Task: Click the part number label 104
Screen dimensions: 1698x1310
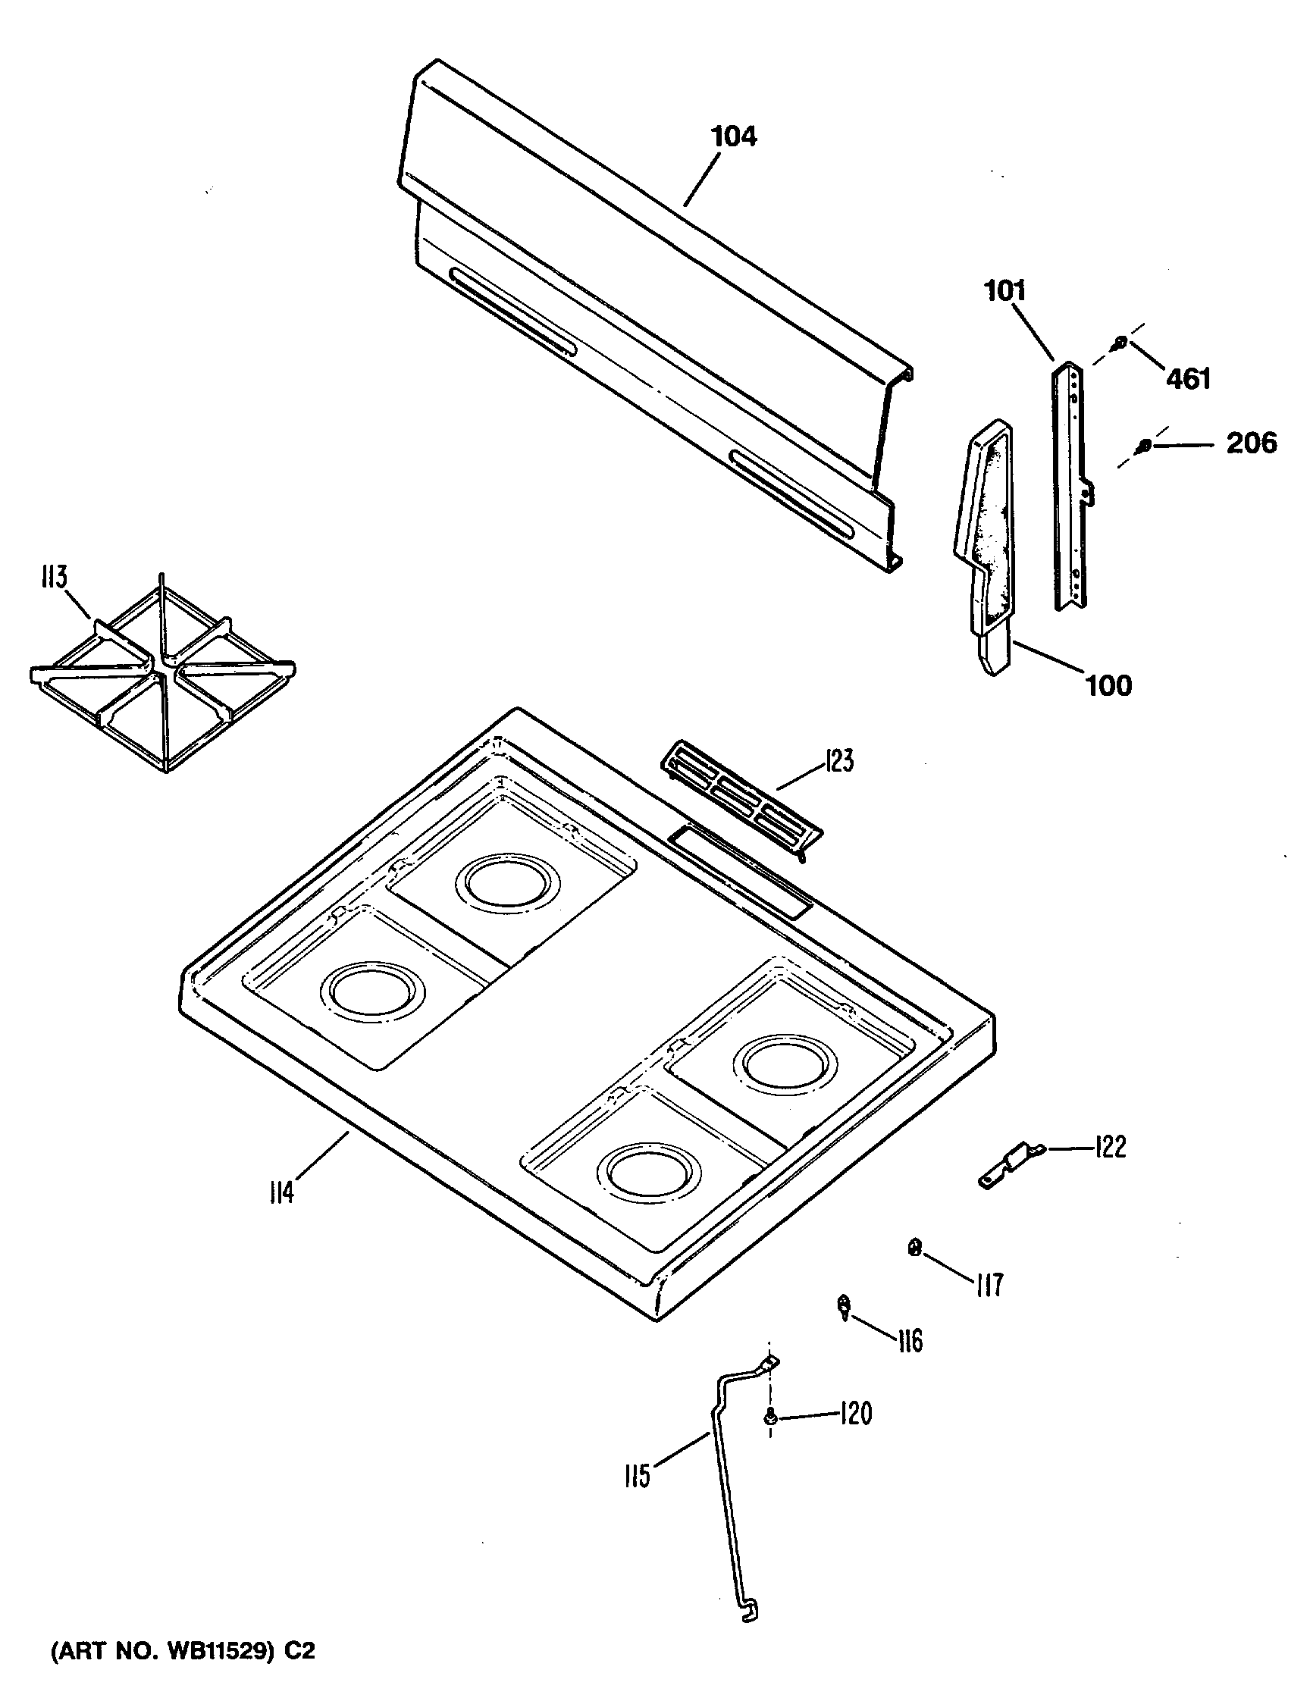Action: (x=733, y=137)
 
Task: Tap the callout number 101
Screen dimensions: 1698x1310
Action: (x=1005, y=291)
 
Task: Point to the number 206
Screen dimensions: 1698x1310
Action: (x=1252, y=443)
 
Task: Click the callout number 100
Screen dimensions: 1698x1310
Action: (x=1108, y=686)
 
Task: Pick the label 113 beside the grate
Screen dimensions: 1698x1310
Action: (x=54, y=578)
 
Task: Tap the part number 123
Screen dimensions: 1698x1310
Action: (x=839, y=760)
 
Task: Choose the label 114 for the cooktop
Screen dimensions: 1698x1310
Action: (x=281, y=1191)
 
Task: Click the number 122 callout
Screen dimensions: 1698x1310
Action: (x=1109, y=1147)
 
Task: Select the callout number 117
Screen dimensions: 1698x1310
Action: (x=988, y=1284)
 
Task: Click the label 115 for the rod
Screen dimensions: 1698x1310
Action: (x=637, y=1476)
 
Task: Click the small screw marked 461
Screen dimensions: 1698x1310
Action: (x=1120, y=340)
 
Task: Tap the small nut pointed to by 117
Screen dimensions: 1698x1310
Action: (x=915, y=1248)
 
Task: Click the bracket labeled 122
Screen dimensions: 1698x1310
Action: (x=1009, y=1169)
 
